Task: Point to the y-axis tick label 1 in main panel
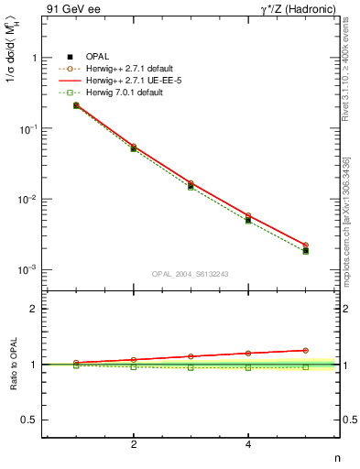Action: tap(34, 58)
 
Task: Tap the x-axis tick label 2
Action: tap(134, 444)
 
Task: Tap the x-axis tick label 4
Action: tap(248, 444)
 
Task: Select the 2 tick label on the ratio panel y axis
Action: tap(34, 309)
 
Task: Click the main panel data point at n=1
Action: tap(76, 105)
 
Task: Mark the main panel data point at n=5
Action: tap(305, 250)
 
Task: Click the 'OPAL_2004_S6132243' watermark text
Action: tap(190, 273)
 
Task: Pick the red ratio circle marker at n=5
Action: tap(305, 350)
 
